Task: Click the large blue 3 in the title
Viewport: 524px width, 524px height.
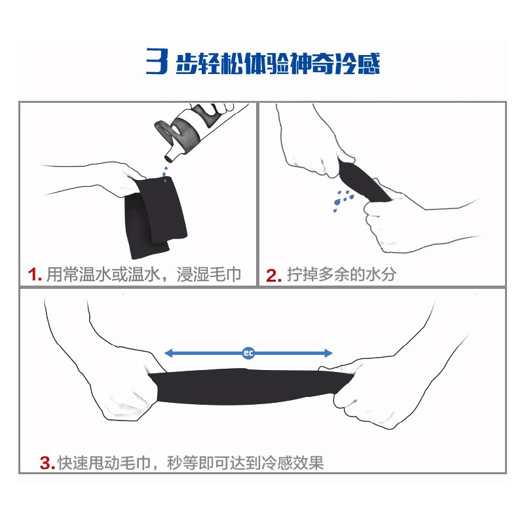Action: (157, 61)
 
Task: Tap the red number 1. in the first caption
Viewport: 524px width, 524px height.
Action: (35, 275)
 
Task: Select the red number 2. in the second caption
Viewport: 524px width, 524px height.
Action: (273, 276)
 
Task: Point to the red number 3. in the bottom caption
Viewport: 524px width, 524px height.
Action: (47, 463)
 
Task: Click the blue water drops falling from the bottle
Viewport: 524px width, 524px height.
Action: (164, 174)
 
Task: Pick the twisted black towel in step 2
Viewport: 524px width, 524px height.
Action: (363, 181)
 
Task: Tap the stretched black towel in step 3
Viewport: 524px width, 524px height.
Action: (251, 386)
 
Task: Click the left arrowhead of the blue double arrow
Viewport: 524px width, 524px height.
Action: (169, 353)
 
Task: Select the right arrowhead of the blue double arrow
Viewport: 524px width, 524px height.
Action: (328, 353)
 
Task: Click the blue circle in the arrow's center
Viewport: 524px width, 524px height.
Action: (248, 353)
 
